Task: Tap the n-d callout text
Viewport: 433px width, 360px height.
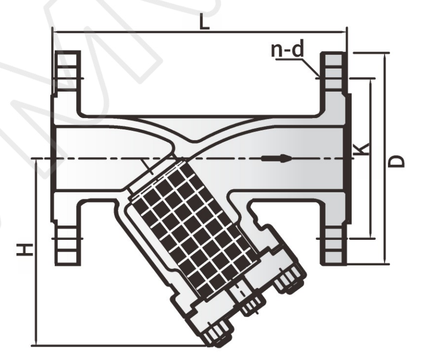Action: (x=287, y=49)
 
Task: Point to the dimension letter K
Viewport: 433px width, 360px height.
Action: (x=362, y=149)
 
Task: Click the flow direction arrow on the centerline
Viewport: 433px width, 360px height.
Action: (x=277, y=159)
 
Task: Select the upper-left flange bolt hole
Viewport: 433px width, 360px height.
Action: (x=67, y=79)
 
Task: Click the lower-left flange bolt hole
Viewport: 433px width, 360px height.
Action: (x=67, y=238)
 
